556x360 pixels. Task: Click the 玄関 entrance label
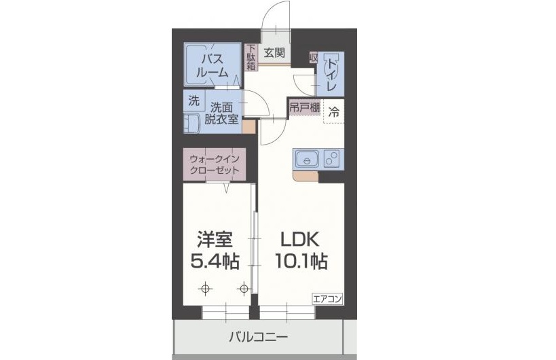point(274,52)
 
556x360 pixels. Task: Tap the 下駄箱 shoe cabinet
point(251,58)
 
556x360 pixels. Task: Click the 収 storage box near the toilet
point(313,58)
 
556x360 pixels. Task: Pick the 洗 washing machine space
point(193,102)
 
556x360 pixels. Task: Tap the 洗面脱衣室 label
point(223,113)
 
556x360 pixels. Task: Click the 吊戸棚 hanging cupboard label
point(303,108)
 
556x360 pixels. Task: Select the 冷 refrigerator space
point(333,113)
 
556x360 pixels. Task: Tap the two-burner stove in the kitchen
point(333,160)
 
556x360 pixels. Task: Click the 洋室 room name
point(215,240)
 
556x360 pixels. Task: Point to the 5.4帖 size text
point(215,262)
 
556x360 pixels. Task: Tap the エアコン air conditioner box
point(328,298)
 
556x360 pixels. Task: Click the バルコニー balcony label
point(258,336)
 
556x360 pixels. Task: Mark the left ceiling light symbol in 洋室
point(205,289)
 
